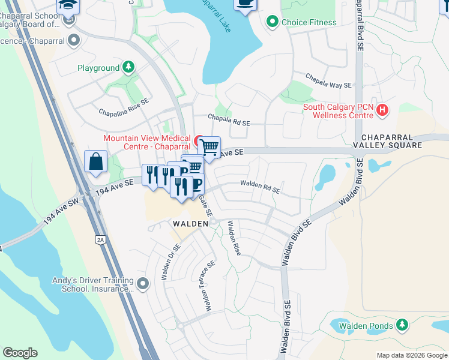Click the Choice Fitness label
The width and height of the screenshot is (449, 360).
[x=309, y=22]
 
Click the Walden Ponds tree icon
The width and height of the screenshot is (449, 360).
[x=402, y=325]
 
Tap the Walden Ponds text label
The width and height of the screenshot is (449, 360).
[x=366, y=326]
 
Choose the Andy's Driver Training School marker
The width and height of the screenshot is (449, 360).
[x=143, y=283]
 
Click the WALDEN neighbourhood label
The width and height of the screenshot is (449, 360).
[x=190, y=223]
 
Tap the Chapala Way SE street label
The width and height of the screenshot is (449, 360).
[x=328, y=82]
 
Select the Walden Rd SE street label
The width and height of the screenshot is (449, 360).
[x=260, y=187]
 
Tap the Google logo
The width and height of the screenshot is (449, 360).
[x=20, y=353]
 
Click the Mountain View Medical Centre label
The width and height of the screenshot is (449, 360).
[x=147, y=142]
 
